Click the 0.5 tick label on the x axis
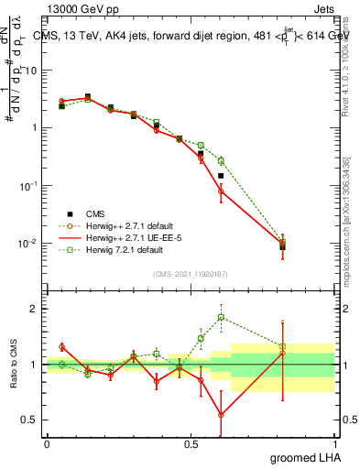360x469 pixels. pos(190,442)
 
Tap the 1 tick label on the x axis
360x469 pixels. pos(334,442)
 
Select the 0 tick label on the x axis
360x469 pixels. pos(47,442)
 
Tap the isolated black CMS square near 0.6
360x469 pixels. pos(221,175)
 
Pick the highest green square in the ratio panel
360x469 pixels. pos(221,318)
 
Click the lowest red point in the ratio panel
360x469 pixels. pos(221,414)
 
